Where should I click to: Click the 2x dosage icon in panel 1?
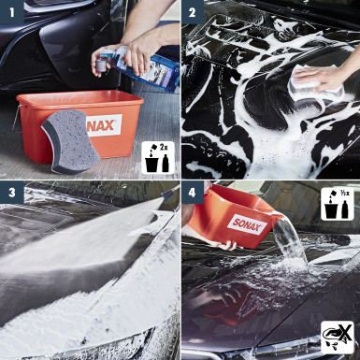point(156,156)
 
